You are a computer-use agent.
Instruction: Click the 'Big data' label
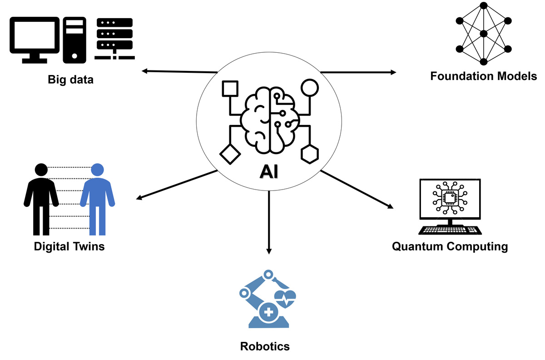click(x=70, y=80)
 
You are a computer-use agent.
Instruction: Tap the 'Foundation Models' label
click(x=483, y=76)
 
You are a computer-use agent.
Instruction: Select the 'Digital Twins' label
click(x=69, y=247)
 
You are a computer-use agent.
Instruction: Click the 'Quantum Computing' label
click(x=450, y=247)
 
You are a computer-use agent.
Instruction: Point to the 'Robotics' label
click(x=265, y=346)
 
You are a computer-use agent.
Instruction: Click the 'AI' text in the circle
click(x=269, y=172)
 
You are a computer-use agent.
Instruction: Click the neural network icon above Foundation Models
click(x=483, y=34)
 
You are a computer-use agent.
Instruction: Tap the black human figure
click(x=41, y=198)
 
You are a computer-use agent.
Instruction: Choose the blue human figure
click(x=97, y=198)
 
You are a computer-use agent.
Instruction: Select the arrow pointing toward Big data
click(x=179, y=71)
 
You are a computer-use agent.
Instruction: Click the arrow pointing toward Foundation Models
click(x=358, y=72)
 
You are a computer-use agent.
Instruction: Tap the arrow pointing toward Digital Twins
click(x=177, y=185)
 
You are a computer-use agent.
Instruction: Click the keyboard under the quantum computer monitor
click(x=450, y=230)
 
